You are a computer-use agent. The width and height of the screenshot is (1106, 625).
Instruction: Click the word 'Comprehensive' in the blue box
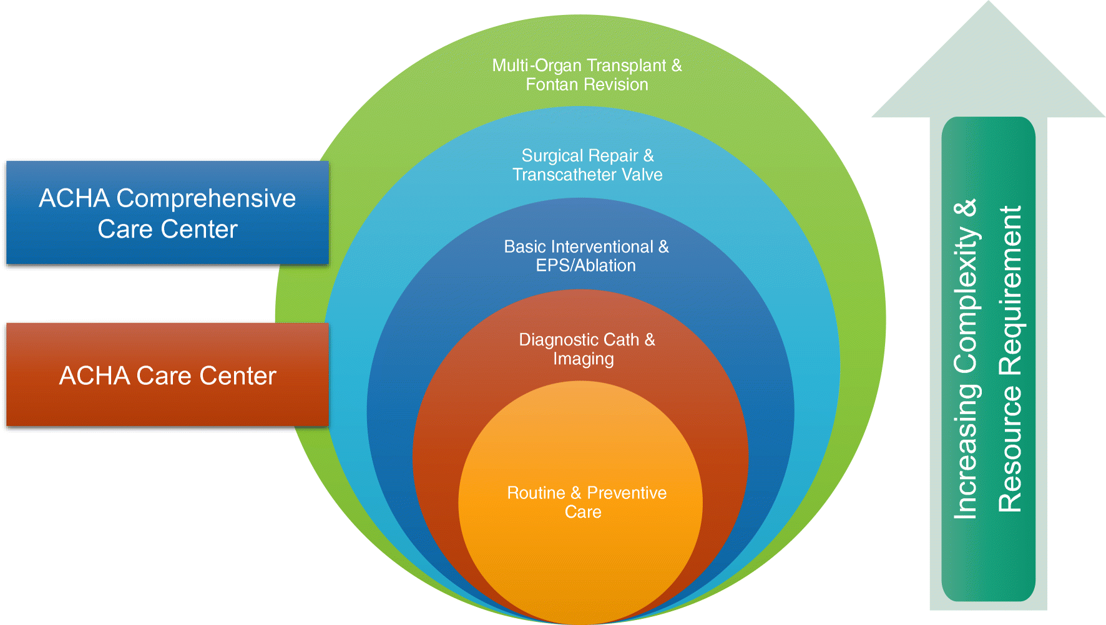click(206, 199)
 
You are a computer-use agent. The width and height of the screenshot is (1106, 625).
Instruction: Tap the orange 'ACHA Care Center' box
click(167, 375)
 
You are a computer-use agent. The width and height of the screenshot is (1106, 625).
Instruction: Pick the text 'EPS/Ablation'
click(585, 266)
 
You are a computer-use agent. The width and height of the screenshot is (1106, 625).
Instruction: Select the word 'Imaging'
click(583, 359)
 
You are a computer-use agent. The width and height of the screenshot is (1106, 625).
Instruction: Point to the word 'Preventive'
click(627, 493)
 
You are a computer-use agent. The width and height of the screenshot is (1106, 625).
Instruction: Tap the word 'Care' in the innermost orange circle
click(583, 512)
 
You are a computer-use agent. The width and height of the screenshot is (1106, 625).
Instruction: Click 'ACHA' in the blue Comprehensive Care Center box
click(74, 199)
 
